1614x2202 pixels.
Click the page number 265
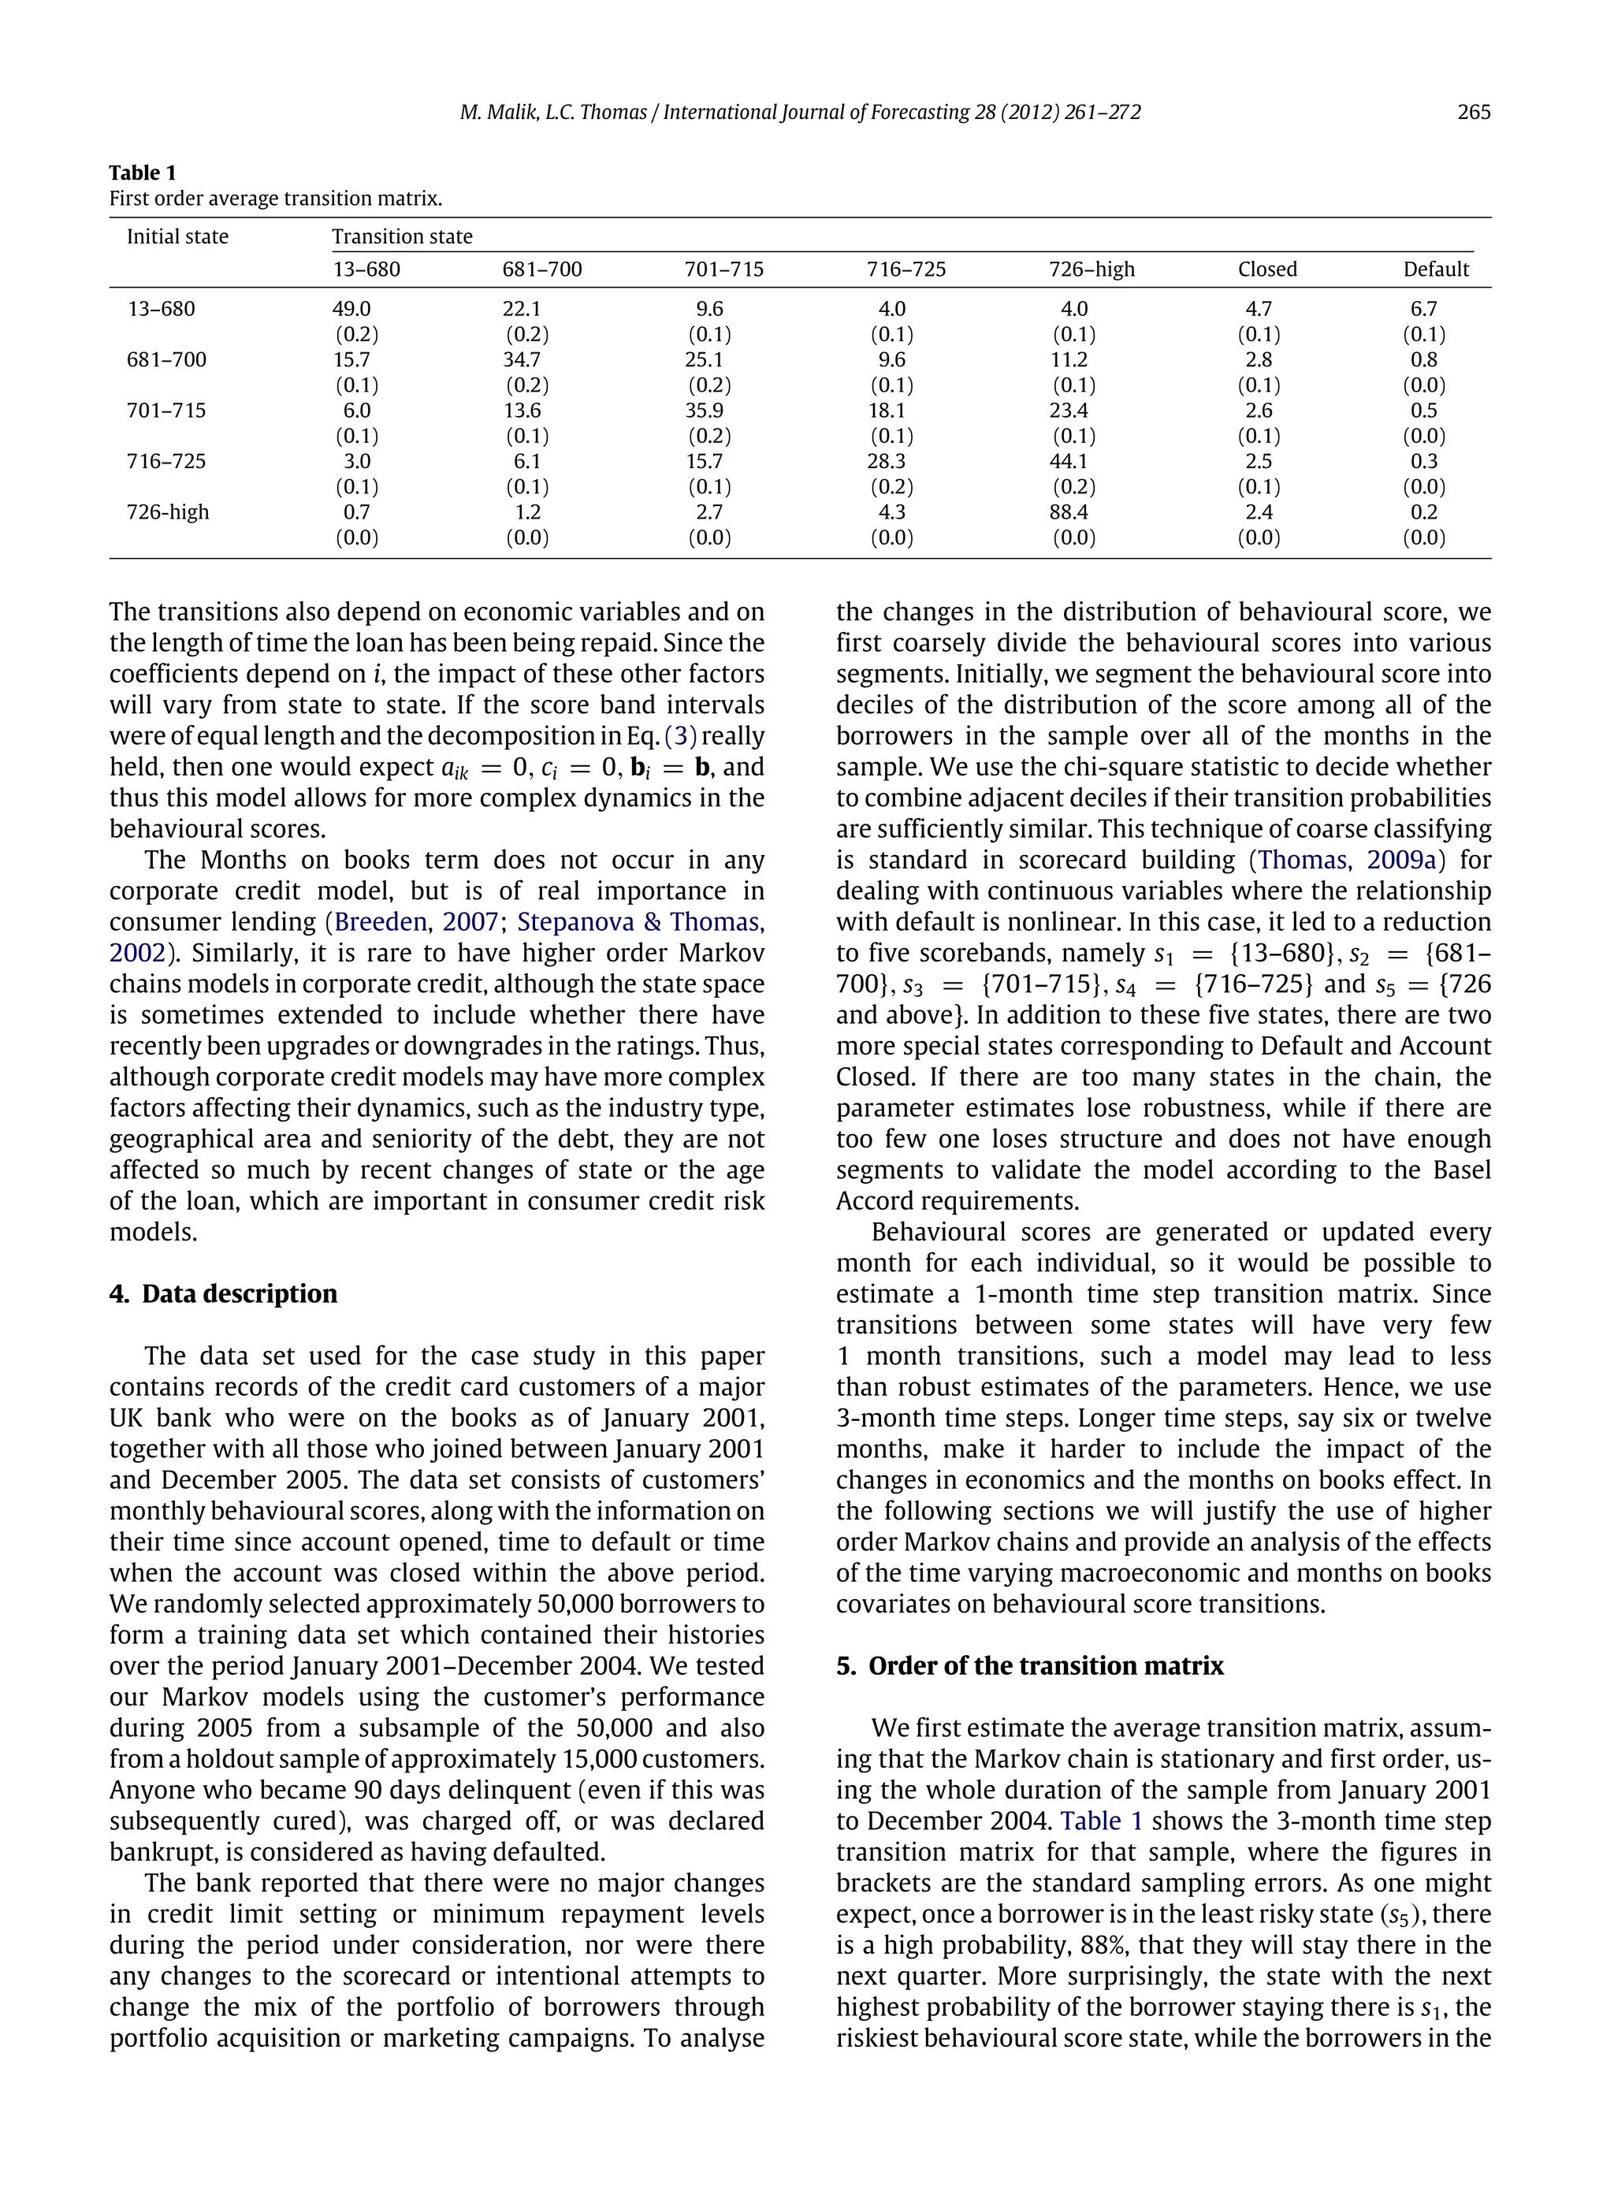1473,113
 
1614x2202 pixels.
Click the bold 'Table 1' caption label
143,173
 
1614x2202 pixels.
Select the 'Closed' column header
1267,270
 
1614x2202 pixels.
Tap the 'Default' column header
1435,270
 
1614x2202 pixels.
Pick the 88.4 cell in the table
1073,512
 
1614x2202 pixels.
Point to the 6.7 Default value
1423,309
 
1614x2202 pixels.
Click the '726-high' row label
167,512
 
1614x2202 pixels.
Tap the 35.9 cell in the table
704,411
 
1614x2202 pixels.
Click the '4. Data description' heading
223,1293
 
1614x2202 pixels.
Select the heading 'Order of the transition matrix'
1045,1665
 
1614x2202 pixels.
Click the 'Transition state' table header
402,236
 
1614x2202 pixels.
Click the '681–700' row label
166,359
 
